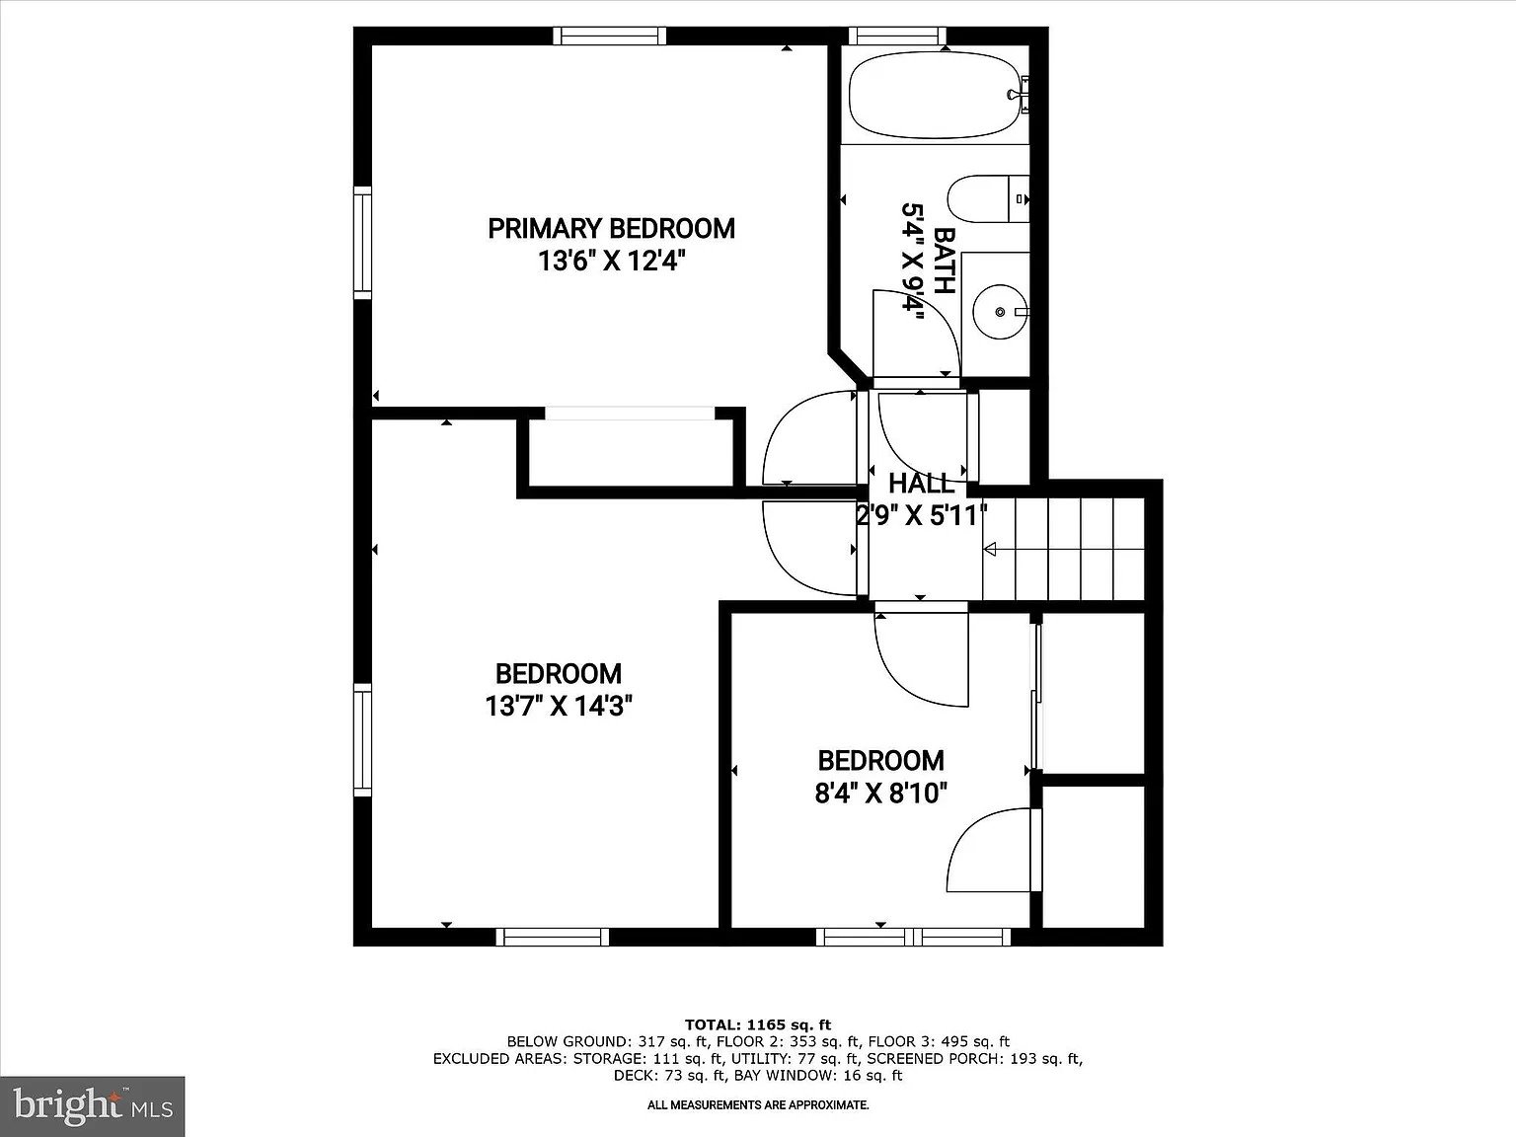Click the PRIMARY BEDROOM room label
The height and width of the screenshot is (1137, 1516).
[611, 229]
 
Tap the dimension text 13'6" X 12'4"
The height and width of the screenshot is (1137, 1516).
[611, 261]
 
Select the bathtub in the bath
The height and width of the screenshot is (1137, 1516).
[934, 96]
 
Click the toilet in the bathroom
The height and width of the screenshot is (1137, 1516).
[988, 198]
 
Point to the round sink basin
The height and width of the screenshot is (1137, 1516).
[1000, 312]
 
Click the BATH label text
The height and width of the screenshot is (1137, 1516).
[944, 261]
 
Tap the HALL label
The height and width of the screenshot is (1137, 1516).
[921, 484]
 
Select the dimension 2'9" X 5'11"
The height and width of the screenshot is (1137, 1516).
[921, 515]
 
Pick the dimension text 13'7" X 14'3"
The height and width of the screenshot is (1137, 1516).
[558, 707]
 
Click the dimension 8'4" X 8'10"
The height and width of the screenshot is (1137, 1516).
[880, 794]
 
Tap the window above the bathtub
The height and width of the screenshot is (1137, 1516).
[897, 36]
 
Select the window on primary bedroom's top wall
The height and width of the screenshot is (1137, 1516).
[610, 36]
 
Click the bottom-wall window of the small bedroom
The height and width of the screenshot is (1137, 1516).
[913, 937]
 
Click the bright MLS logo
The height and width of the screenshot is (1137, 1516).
[93, 1106]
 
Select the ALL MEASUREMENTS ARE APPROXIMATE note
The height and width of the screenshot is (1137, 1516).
[758, 1105]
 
